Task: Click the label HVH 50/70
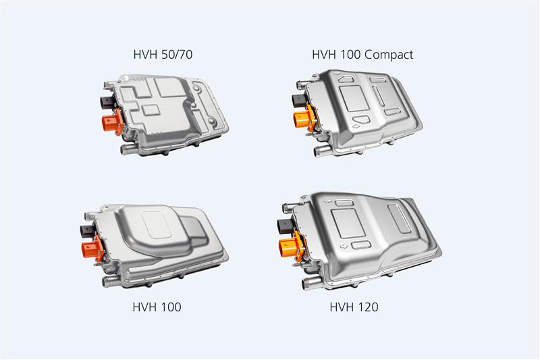coord(163,55)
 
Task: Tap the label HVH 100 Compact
coord(362,55)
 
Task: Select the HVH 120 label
coord(354,307)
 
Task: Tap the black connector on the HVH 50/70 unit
coord(107,102)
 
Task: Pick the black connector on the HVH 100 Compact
coord(299,101)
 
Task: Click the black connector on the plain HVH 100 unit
coord(88,230)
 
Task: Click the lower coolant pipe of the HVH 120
coord(311,284)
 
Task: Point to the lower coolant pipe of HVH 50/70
coord(129,149)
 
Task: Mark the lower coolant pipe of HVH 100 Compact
coord(322,151)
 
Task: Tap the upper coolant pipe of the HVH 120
coord(289,208)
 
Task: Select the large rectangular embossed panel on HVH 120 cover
coord(348,224)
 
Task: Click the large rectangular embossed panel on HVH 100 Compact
coord(354,98)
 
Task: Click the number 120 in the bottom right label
coord(367,307)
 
